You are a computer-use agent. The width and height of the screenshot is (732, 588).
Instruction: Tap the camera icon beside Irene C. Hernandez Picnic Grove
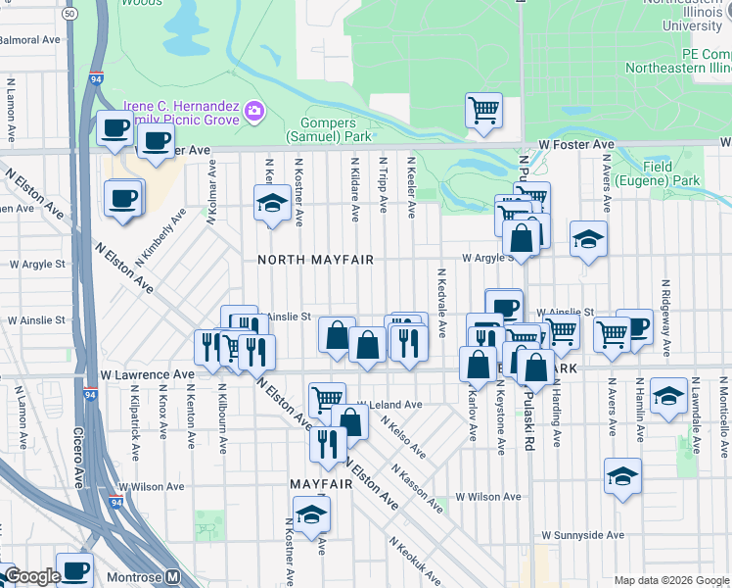[254, 111]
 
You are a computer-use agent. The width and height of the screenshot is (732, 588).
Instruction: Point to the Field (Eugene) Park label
[672, 173]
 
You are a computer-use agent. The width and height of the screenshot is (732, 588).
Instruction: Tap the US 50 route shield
[69, 15]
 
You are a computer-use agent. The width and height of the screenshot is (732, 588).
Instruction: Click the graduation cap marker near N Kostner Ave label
[271, 203]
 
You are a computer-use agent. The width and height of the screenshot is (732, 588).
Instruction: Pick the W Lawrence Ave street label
[148, 374]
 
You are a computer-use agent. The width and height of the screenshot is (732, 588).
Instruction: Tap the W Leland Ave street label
[389, 404]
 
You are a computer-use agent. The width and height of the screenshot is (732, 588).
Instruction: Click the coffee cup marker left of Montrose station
[74, 568]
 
